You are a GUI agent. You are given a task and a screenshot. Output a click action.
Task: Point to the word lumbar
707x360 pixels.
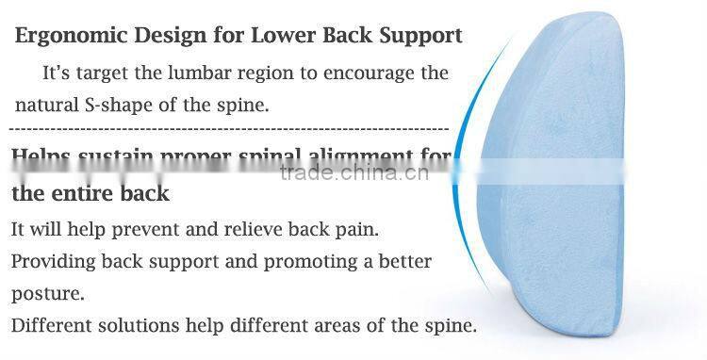pos(219,73)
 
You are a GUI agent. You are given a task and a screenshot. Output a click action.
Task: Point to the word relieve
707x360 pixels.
pos(247,229)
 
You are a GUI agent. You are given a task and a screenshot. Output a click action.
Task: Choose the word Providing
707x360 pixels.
pos(51,261)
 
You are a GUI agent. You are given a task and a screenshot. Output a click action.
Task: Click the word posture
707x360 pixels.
pos(47,294)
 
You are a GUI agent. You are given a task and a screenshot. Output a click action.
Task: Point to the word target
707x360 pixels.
pos(104,73)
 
